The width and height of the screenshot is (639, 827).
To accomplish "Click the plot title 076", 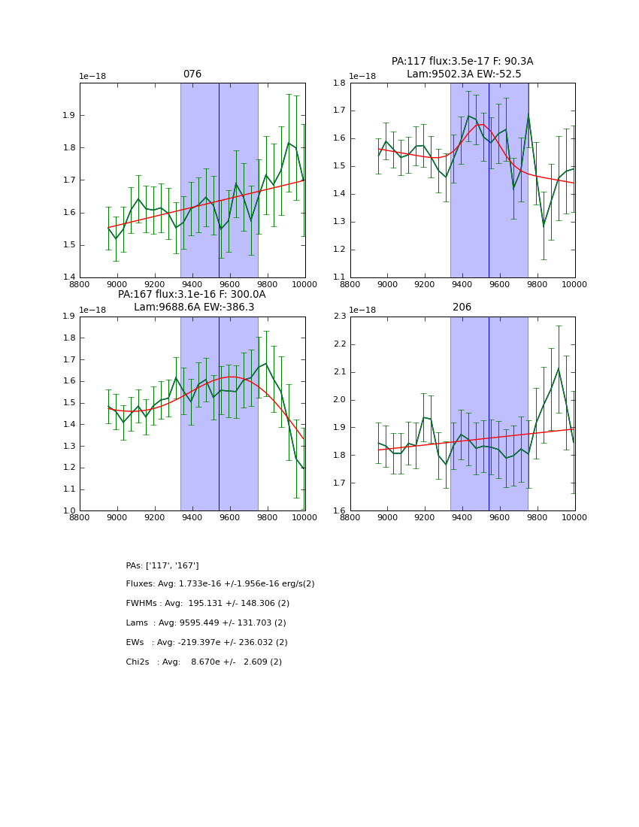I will pos(192,74).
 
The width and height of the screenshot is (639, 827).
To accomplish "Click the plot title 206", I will pos(462,307).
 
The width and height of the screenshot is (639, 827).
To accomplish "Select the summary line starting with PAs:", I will pos(162,565).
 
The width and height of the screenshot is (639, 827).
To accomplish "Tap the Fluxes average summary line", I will pos(220,584).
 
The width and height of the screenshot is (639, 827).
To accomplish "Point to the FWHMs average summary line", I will pos(207,604).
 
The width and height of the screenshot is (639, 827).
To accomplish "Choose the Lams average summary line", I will pos(206,623).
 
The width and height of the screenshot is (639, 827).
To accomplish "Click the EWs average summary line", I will pos(207,643).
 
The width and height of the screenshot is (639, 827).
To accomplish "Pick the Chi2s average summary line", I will pos(204,662).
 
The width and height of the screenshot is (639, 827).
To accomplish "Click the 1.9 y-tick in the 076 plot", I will pos(69,115).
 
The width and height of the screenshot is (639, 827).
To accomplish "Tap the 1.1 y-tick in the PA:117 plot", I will pos(340,277).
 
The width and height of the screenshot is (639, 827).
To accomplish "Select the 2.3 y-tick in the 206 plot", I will pos(340,317).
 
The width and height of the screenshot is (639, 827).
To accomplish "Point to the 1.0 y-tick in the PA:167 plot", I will pos(69,511).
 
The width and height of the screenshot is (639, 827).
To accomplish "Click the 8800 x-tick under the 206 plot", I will pos(350,517).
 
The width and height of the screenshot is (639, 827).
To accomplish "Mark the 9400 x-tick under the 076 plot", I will pos(192,284).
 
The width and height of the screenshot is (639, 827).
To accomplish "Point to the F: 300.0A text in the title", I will pos(237,295).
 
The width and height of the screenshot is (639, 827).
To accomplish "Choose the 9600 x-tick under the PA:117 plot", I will pos(500,284).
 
